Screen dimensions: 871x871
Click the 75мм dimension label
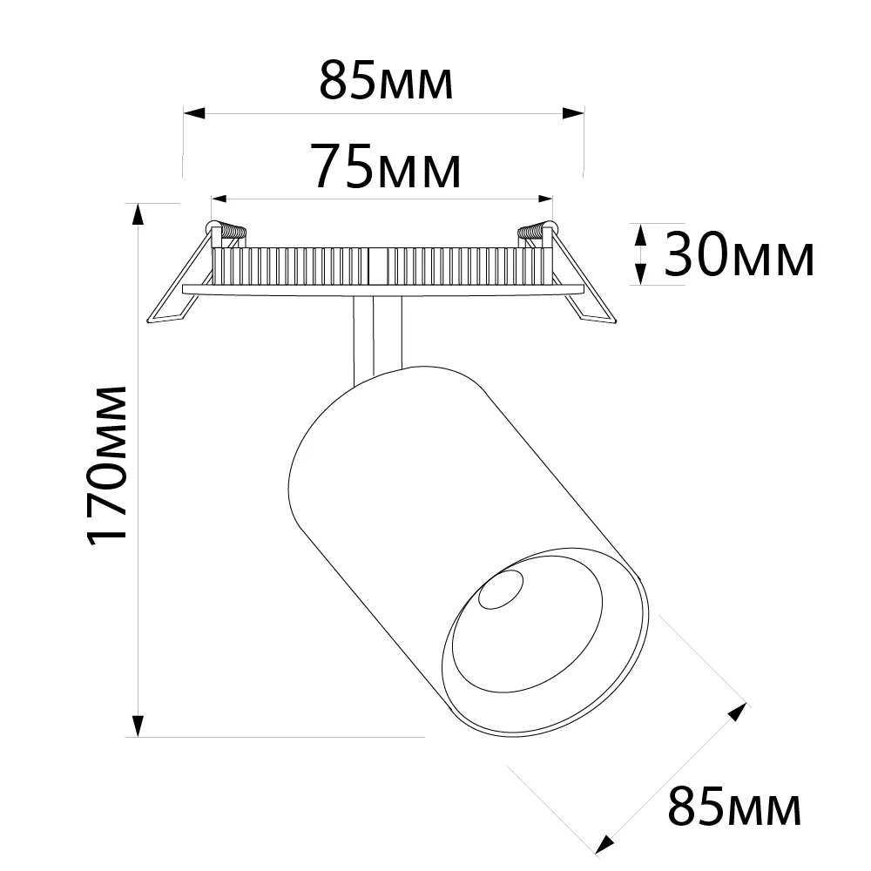[x=388, y=166]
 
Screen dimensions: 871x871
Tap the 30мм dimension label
[x=739, y=254]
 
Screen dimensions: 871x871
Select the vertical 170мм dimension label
[x=107, y=465]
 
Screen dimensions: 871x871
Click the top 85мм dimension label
[x=386, y=81]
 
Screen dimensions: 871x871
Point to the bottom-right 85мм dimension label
[x=734, y=806]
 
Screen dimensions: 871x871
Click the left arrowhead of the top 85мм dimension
[x=194, y=113]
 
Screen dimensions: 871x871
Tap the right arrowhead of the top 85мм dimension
[x=573, y=113]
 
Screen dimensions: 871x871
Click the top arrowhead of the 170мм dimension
[x=138, y=215]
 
